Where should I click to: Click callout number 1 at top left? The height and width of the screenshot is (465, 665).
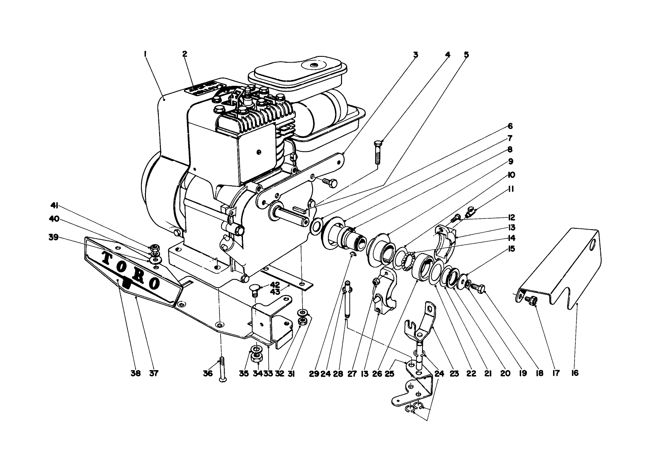[145, 53]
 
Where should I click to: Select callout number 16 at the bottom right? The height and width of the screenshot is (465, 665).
[575, 373]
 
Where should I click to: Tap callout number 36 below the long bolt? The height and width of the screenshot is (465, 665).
[208, 373]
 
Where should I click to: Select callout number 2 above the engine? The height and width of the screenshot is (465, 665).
[184, 53]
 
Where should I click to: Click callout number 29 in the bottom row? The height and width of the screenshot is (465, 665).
[314, 373]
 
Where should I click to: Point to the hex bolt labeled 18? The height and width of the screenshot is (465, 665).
[478, 286]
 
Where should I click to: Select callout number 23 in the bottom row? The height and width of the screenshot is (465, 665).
[454, 373]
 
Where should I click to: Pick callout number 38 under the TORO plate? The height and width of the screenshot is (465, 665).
[136, 373]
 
